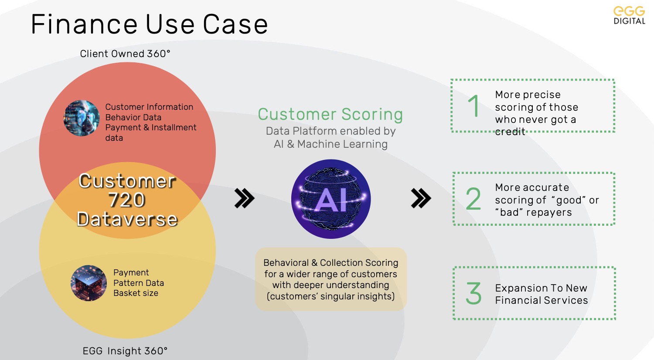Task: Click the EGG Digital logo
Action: click(629, 16)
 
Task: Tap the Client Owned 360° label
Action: click(125, 54)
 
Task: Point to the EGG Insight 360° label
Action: click(125, 351)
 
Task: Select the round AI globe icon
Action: click(331, 199)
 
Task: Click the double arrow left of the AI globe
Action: click(244, 198)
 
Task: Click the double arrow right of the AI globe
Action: click(421, 198)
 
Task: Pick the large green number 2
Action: click(473, 199)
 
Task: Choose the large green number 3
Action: click(473, 293)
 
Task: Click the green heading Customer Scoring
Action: click(330, 114)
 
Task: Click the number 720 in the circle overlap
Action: click(127, 200)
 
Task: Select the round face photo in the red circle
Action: click(82, 118)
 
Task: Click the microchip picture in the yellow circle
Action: click(89, 283)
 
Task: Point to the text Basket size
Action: click(136, 293)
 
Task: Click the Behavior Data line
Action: click(133, 117)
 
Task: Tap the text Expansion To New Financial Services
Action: click(542, 294)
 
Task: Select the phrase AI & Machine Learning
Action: click(330, 144)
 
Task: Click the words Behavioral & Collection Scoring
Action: click(331, 263)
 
